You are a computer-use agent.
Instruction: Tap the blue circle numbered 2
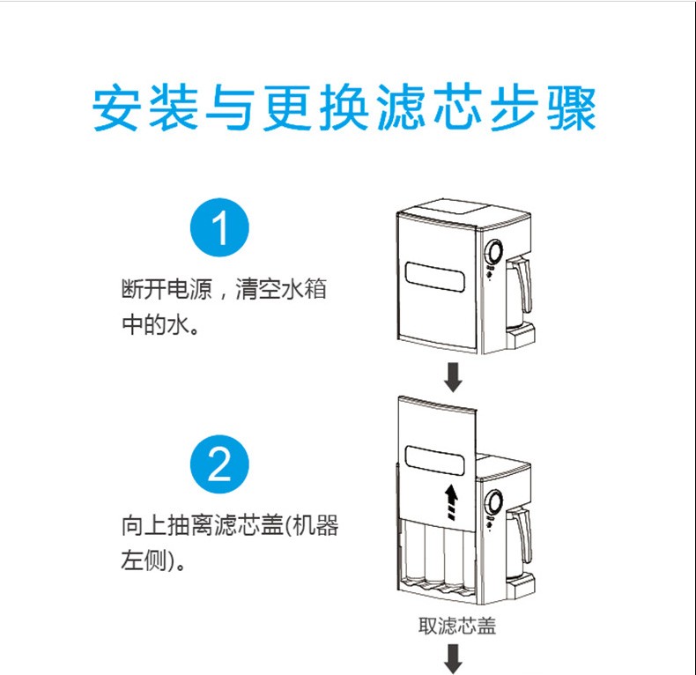pyautogui.click(x=220, y=464)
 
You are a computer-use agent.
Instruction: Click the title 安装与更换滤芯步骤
pyautogui.click(x=345, y=108)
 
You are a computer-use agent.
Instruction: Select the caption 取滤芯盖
pyautogui.click(x=456, y=626)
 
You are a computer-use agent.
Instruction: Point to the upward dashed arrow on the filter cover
pyautogui.click(x=452, y=502)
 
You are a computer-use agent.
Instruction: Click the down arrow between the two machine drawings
pyautogui.click(x=455, y=376)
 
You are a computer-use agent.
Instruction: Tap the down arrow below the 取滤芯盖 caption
pyautogui.click(x=455, y=657)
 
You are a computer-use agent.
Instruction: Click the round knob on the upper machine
pyautogui.click(x=494, y=253)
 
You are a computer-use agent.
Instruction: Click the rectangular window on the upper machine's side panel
pyautogui.click(x=436, y=277)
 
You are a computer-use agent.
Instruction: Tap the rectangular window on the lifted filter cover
pyautogui.click(x=436, y=461)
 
